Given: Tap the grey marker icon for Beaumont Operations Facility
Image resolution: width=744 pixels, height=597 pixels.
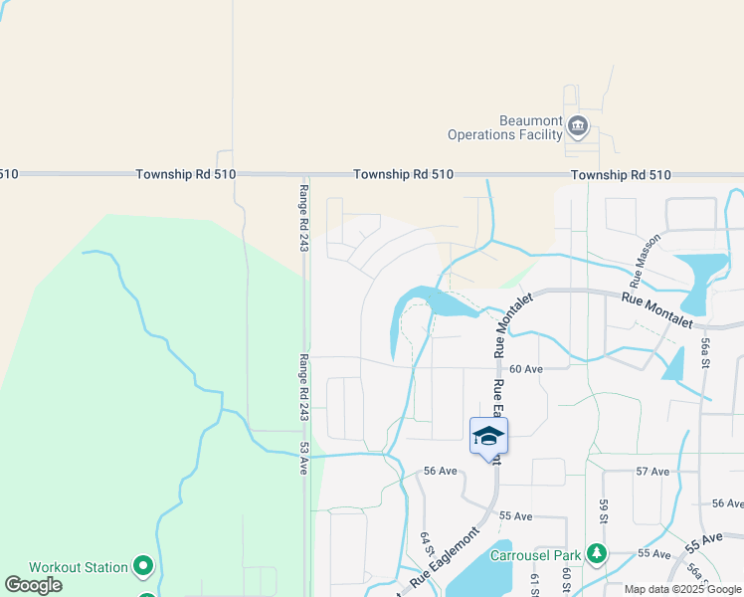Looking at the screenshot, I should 578,126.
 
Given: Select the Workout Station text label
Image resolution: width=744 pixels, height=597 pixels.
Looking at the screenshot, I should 78,567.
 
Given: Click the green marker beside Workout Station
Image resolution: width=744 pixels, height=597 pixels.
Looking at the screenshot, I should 143,567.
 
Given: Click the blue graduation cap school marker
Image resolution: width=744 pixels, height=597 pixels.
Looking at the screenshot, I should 488,436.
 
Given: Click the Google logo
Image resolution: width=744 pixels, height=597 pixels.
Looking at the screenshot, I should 33,585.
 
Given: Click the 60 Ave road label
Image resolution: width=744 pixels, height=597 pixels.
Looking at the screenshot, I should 526,368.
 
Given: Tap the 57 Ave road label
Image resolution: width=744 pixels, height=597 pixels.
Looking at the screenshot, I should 652,471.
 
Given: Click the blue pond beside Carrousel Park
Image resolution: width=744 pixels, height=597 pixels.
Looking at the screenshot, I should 484,573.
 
